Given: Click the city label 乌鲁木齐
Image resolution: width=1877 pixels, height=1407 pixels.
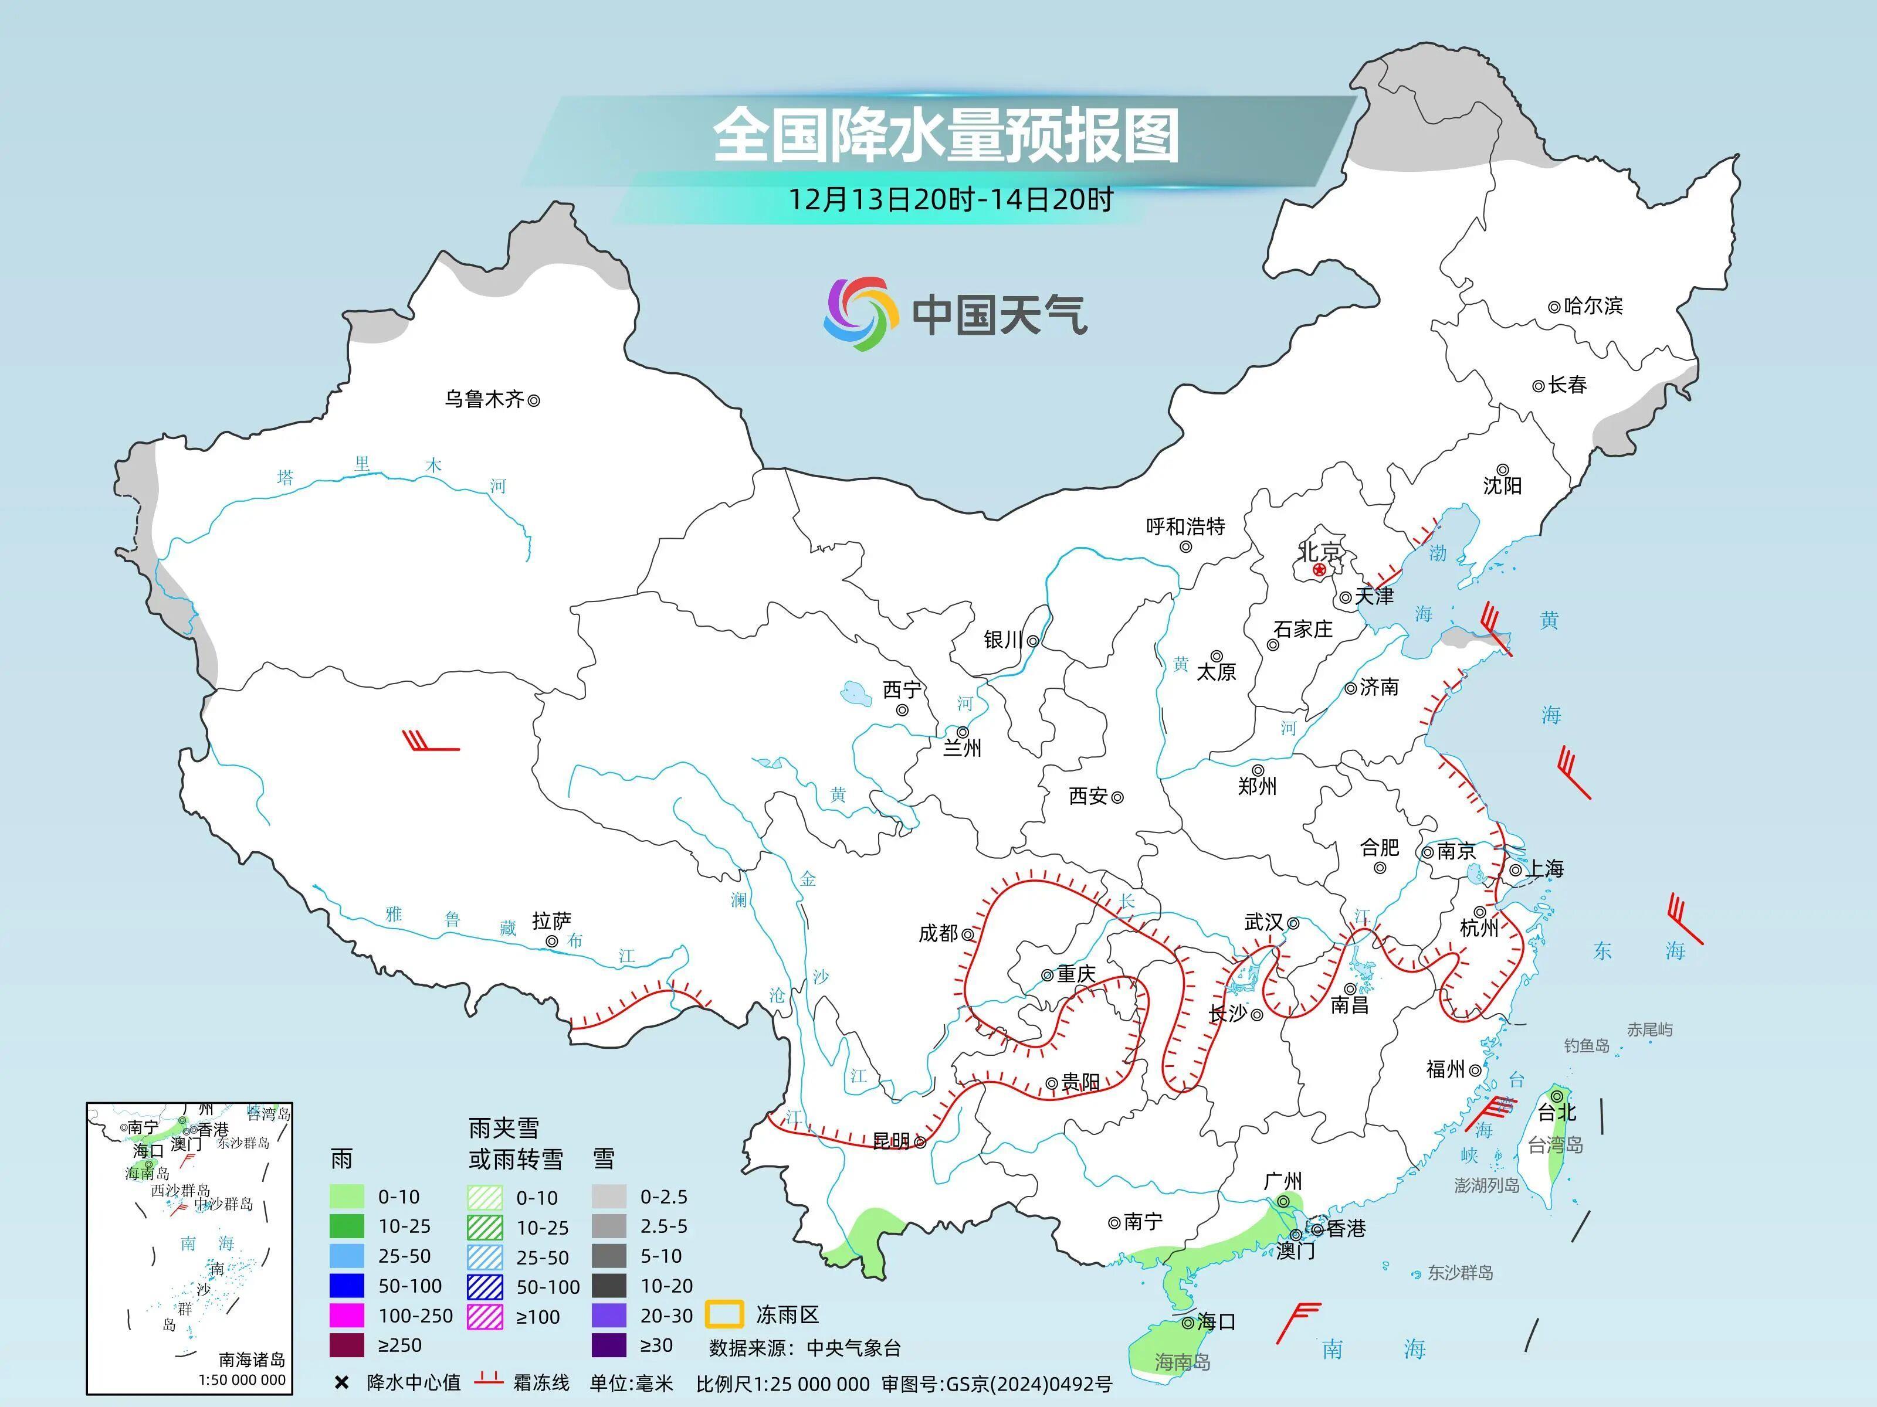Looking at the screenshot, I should (485, 399).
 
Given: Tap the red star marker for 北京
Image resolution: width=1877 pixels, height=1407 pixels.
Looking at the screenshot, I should (1319, 570).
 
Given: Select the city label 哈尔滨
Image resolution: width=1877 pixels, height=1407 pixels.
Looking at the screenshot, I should (1593, 305).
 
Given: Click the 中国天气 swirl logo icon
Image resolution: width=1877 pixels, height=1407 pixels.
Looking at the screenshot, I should (860, 313).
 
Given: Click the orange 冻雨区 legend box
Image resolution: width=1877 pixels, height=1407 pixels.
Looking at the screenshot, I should (724, 1314).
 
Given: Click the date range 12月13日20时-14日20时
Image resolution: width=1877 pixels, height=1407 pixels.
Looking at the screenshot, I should (950, 199).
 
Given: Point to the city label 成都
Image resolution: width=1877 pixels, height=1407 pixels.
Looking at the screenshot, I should (938, 933).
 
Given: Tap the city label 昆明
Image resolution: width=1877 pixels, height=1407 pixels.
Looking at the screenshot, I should (891, 1141).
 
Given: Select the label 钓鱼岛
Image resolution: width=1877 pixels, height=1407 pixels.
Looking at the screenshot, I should (1586, 1046).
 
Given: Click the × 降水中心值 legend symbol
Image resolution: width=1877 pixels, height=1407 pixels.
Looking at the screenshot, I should (342, 1383).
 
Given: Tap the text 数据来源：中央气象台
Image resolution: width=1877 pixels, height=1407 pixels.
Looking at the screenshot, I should (804, 1348).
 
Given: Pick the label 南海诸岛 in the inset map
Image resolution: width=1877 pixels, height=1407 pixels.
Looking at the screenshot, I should (251, 1360).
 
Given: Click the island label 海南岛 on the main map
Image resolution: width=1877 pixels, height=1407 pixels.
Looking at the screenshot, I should (1182, 1362).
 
